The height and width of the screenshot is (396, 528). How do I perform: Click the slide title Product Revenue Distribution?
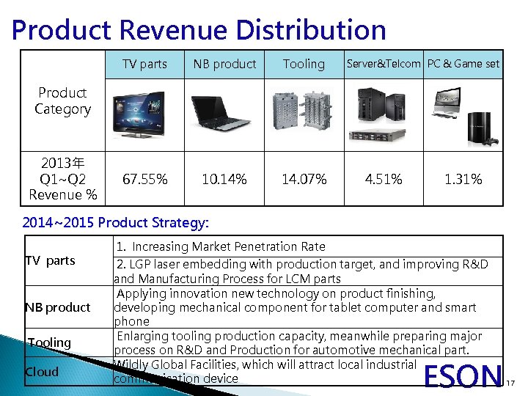[x=199, y=30]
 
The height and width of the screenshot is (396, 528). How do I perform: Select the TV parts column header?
[x=144, y=64]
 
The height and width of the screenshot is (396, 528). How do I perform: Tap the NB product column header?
[x=224, y=64]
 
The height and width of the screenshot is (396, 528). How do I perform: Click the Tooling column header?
[x=304, y=64]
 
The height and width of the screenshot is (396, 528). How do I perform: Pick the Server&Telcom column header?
[x=384, y=64]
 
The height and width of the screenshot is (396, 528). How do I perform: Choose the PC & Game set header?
[x=463, y=64]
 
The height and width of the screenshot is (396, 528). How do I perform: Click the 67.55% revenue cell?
[x=144, y=179]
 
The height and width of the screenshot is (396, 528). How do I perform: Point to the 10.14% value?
[x=224, y=179]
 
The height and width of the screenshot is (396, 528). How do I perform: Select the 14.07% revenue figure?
[x=304, y=179]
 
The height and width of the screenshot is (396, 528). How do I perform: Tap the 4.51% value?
[x=384, y=179]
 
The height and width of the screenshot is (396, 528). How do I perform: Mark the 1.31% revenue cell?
[x=463, y=179]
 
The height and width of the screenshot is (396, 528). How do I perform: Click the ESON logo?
[x=464, y=376]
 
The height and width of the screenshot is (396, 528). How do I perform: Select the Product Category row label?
[x=62, y=101]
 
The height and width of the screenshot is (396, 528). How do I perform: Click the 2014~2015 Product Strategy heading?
[x=116, y=221]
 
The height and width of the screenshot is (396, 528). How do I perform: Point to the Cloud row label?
[x=42, y=371]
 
